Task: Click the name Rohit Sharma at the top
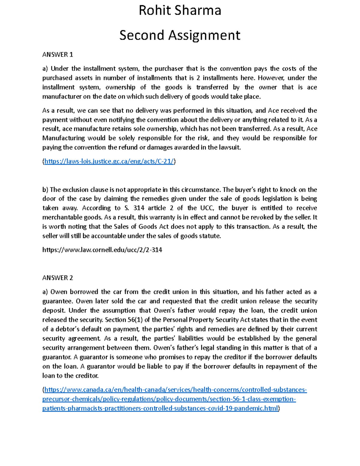(180, 11)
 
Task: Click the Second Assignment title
(180, 35)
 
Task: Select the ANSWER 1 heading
(58, 55)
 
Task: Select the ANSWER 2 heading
(58, 278)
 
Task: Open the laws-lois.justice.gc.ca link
(109, 161)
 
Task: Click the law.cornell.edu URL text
(102, 250)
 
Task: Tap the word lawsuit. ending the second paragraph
(230, 147)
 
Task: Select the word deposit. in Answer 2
(53, 311)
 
